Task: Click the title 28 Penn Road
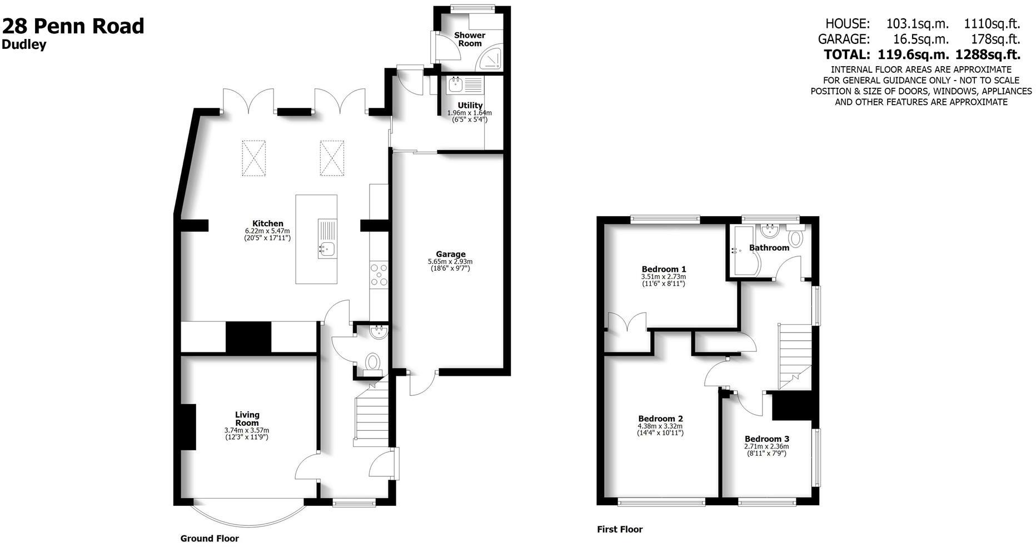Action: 73,26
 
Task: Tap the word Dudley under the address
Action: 24,46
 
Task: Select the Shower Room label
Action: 470,39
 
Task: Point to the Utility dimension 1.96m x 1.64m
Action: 469,113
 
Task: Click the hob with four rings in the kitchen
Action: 378,275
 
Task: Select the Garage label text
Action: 450,254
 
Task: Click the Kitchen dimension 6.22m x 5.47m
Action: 267,231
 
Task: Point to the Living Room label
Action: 247,419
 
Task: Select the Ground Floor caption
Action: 210,538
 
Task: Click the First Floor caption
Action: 620,529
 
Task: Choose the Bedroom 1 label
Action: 663,269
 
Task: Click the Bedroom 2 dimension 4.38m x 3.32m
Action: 660,426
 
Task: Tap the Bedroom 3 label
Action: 766,439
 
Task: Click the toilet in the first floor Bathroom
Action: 796,239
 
